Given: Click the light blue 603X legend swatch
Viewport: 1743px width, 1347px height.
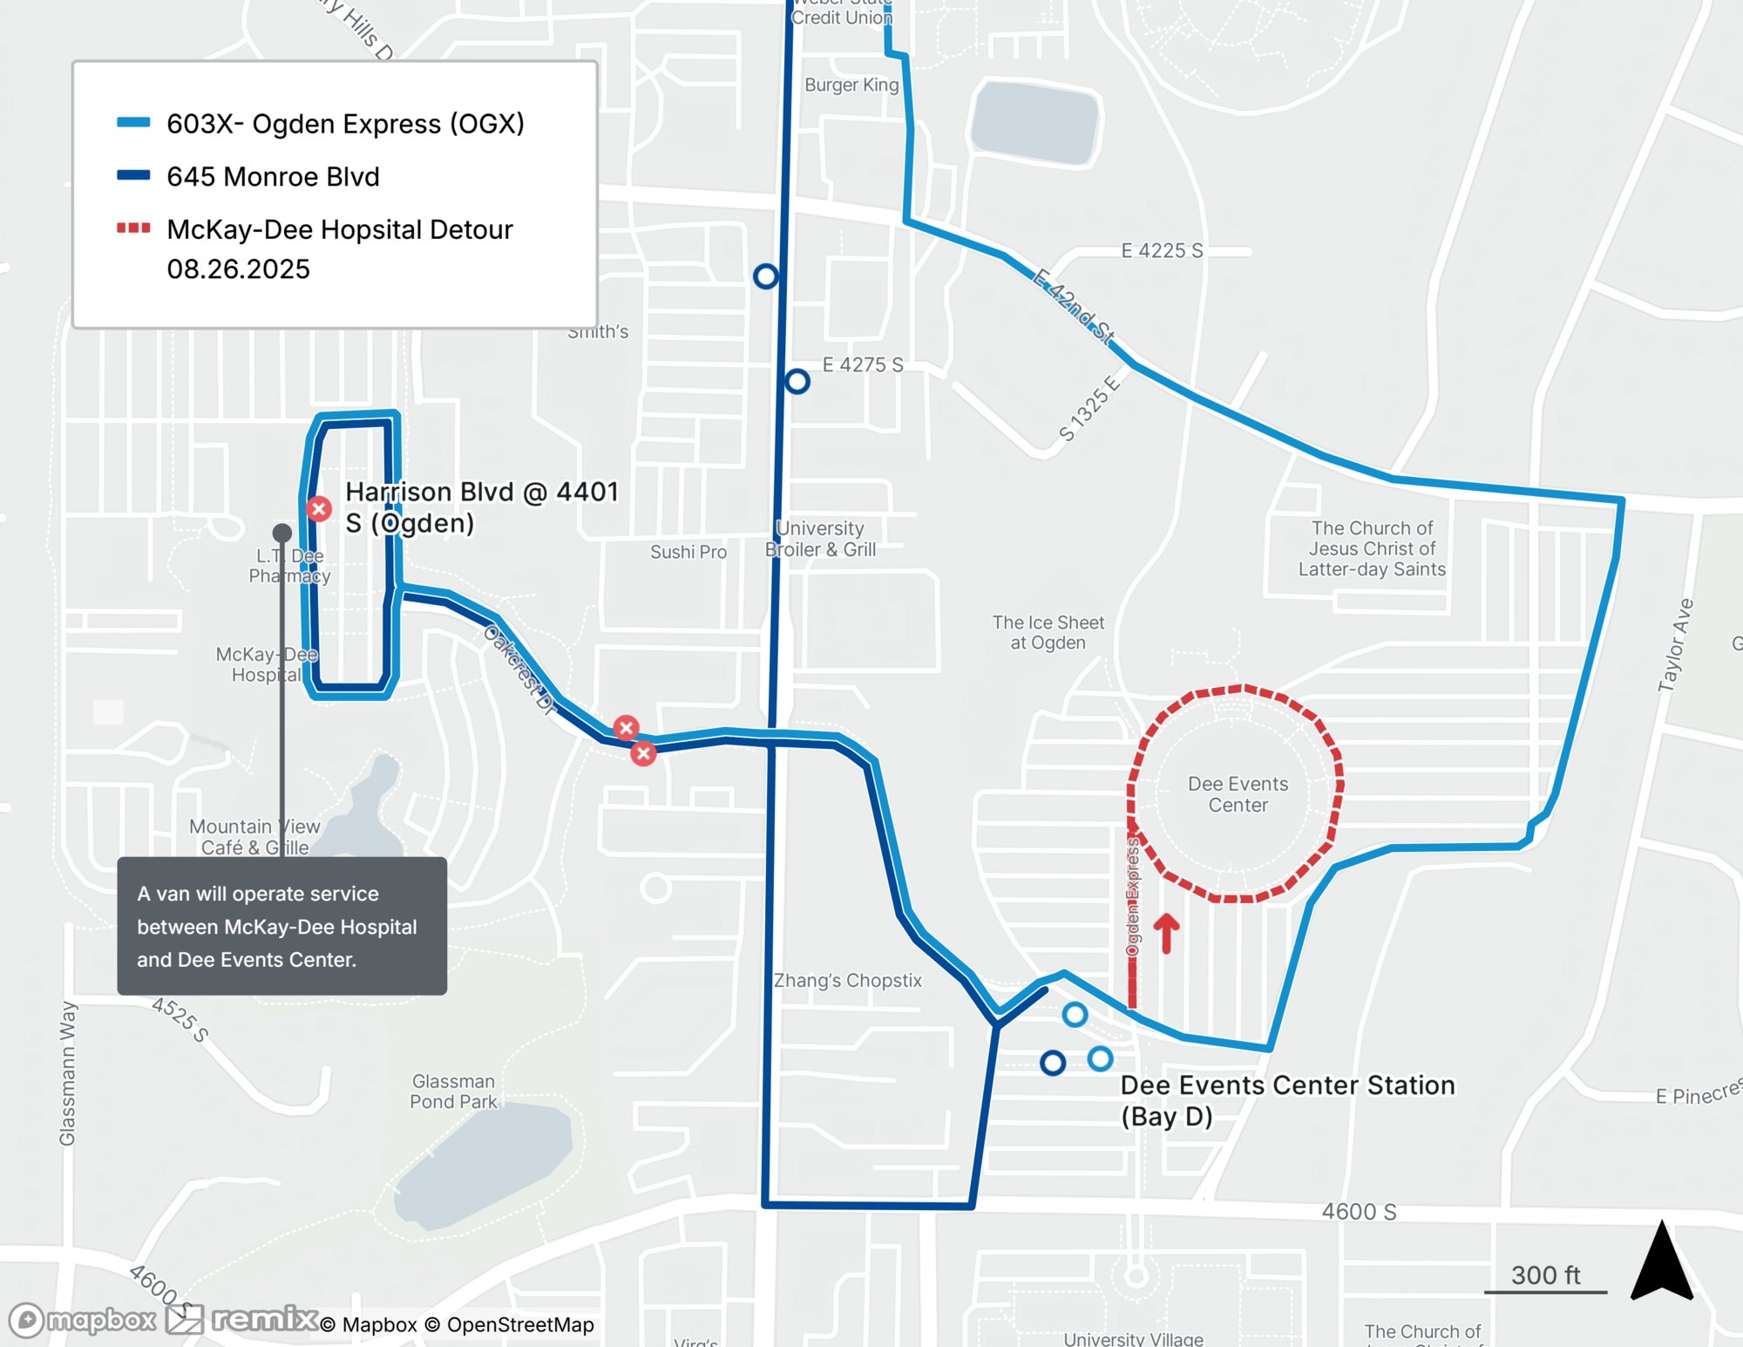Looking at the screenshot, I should (133, 123).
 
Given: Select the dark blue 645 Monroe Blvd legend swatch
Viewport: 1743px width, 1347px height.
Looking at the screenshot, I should (133, 175).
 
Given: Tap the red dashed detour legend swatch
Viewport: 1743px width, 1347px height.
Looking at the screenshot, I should (133, 228).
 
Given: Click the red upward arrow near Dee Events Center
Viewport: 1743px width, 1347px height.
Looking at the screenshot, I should (1166, 933).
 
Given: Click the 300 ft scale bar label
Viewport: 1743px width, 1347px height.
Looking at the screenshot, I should (1545, 1276).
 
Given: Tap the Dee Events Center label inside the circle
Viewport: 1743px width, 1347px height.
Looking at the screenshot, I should (1238, 794).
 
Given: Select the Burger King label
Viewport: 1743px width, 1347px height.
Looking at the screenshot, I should (851, 85).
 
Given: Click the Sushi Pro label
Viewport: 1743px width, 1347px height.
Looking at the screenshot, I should (688, 552).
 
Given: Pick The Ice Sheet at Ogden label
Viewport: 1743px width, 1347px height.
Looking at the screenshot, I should (1048, 632).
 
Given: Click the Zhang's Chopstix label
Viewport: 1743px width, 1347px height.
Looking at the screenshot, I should (847, 981).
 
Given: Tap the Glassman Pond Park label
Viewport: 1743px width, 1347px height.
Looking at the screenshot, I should (453, 1092).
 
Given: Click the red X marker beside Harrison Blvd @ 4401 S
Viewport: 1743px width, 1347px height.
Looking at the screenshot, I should (319, 508).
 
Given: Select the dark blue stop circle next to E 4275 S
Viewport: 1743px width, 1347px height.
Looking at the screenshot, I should (797, 381).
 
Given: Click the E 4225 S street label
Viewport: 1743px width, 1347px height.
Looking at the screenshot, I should (1162, 251).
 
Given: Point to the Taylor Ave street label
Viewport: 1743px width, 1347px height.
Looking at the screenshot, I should (1675, 645).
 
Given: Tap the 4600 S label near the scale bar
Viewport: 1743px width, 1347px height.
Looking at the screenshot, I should (1359, 1212).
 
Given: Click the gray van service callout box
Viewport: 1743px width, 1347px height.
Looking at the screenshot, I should (281, 926).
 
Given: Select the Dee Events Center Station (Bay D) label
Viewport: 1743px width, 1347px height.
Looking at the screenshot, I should (1287, 1100).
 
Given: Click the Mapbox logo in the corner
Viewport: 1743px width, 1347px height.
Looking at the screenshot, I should (83, 1320).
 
